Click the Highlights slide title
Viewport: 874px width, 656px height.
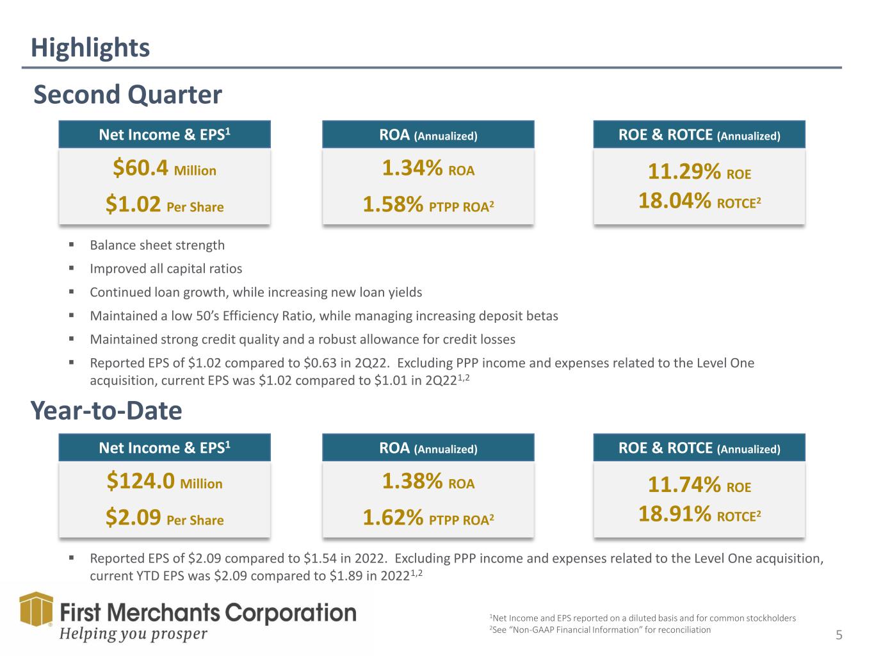[x=90, y=48]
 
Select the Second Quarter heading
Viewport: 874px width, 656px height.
[x=127, y=95]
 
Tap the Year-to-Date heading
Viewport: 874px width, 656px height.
[x=106, y=411]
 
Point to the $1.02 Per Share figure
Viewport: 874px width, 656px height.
[x=165, y=206]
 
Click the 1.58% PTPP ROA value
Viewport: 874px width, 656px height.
[x=428, y=206]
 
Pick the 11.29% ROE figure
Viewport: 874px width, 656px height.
[x=699, y=173]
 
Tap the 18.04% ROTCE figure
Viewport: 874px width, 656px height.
[x=699, y=202]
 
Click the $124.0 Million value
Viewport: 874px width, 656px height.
[x=165, y=482]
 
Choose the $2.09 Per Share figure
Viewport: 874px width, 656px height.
[x=165, y=519]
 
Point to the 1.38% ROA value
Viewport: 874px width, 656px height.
[x=428, y=482]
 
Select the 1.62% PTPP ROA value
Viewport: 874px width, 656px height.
[x=428, y=519]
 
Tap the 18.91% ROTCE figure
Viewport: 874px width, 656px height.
[x=699, y=514]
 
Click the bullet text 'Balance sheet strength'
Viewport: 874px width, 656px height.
[x=157, y=245]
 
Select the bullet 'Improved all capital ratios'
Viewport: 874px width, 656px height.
[x=166, y=269]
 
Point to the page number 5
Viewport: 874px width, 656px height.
[x=839, y=635]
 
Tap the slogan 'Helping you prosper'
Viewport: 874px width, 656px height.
[x=133, y=634]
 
